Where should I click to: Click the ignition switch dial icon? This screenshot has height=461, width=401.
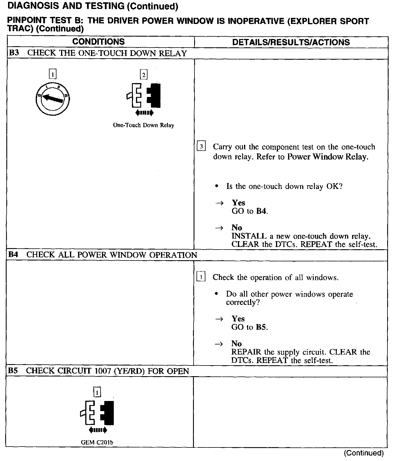(52, 98)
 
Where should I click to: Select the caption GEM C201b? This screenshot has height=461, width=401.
(97, 442)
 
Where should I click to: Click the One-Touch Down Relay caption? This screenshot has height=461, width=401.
(143, 125)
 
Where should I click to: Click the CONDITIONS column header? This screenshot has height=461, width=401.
(99, 42)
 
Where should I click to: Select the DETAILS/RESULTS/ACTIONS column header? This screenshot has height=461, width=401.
(291, 42)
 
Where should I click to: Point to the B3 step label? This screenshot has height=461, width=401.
(14, 53)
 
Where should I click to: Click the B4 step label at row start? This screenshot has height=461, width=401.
(14, 254)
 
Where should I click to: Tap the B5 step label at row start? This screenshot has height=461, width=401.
(13, 370)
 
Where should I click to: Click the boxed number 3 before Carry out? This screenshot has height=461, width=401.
(201, 147)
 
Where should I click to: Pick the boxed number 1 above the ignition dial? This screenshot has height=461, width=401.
(52, 74)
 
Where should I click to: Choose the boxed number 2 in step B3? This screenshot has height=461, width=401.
(143, 75)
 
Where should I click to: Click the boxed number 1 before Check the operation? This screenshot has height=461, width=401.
(201, 277)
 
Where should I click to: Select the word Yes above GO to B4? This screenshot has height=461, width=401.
(239, 203)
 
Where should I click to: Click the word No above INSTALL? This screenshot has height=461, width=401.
(237, 228)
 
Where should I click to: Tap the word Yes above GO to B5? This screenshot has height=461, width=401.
(238, 319)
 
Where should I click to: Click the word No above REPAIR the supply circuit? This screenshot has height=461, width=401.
(237, 344)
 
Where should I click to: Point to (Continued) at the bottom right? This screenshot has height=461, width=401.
(364, 453)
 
